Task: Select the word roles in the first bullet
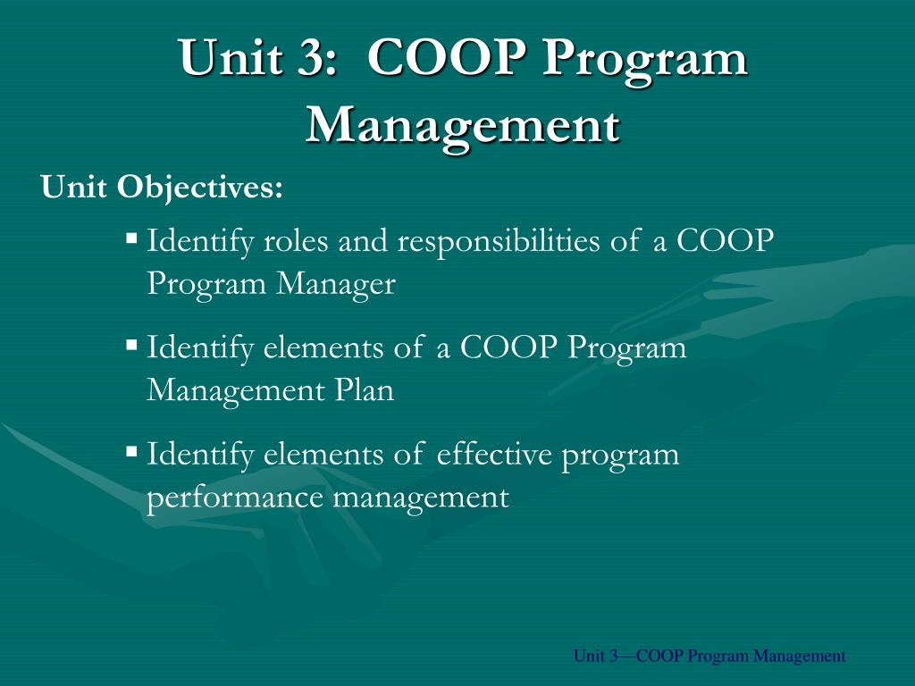point(297,242)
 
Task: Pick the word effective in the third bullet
point(495,455)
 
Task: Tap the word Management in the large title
point(462,125)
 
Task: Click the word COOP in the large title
point(436,59)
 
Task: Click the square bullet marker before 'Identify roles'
point(131,238)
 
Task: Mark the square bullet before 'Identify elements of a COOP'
point(131,344)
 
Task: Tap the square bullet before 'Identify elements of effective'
point(131,451)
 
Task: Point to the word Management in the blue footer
point(799,657)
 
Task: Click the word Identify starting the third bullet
point(200,455)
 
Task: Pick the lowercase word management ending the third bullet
point(420,497)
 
